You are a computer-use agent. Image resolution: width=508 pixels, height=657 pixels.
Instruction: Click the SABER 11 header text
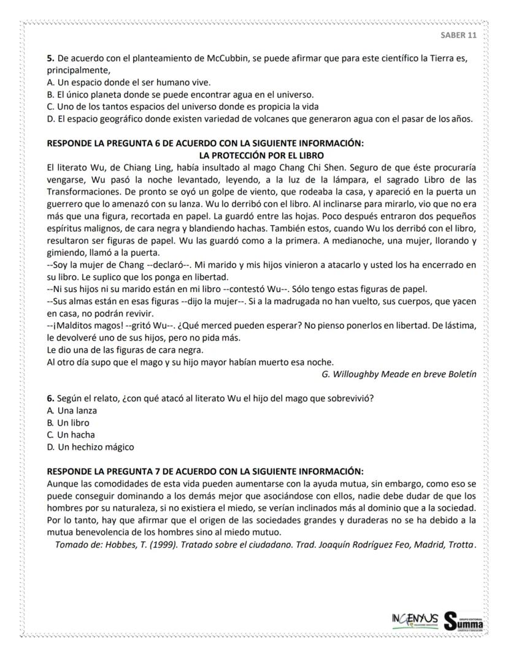click(458, 35)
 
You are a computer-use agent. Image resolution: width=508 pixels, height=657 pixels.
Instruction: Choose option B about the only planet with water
click(180, 94)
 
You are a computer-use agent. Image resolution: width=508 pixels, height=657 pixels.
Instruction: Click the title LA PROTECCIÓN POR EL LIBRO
click(262, 155)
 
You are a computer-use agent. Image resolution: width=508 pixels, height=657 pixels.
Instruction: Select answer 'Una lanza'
click(72, 410)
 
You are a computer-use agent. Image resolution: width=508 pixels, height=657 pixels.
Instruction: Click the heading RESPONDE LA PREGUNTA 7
click(205, 471)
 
